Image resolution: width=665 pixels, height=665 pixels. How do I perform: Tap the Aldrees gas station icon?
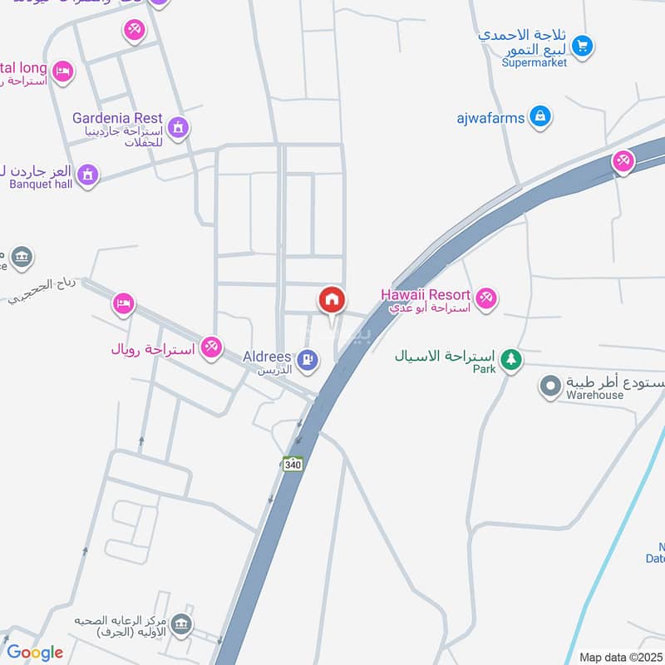click(x=308, y=359)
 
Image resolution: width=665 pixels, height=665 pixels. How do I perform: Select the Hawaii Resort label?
click(x=426, y=294)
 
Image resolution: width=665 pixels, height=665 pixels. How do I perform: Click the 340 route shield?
click(x=292, y=464)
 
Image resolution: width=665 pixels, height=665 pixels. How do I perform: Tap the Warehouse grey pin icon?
click(x=549, y=387)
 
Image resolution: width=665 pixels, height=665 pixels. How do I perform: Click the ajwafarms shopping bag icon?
click(x=540, y=117)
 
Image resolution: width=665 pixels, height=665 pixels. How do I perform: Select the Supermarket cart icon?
click(x=582, y=46)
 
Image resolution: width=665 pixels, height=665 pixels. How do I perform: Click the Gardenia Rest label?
click(x=117, y=118)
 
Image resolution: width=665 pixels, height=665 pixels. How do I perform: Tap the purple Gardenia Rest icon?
click(x=177, y=127)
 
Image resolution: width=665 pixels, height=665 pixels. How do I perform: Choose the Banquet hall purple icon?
click(x=87, y=175)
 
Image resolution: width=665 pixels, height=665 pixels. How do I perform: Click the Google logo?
click(x=34, y=653)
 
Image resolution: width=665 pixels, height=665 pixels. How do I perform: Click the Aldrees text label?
click(x=266, y=356)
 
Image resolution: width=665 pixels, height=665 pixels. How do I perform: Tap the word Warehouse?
click(x=594, y=396)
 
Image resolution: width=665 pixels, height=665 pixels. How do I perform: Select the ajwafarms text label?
click(x=490, y=118)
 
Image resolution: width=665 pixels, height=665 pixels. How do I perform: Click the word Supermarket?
click(x=535, y=62)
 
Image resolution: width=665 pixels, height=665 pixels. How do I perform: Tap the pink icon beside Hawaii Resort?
click(x=485, y=296)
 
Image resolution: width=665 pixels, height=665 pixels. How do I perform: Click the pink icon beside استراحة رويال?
click(x=211, y=347)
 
